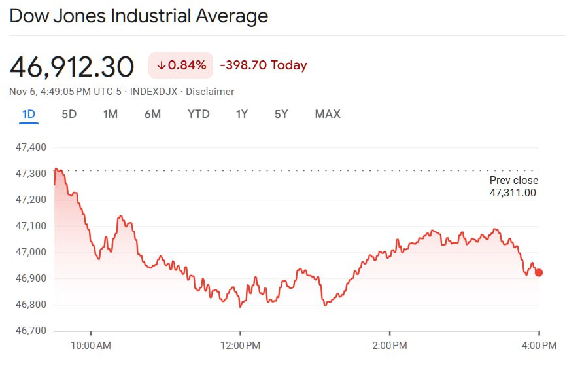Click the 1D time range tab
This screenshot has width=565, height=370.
coord(29,114)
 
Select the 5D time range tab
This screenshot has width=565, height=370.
coord(69,114)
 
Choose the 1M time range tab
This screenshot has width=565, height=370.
coord(111,114)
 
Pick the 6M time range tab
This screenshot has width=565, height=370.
coord(152,114)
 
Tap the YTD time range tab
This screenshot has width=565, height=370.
coord(199,114)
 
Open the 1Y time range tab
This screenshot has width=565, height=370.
coord(242,114)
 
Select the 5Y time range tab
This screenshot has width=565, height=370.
coord(281,114)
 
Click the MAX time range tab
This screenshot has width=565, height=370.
coord(328,114)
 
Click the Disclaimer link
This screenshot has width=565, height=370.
coord(210,92)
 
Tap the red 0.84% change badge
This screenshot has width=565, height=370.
coord(181,65)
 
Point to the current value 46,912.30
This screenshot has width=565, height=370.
coord(72,67)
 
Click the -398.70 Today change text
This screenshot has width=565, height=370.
coord(264,65)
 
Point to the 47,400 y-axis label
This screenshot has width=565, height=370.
coord(31,147)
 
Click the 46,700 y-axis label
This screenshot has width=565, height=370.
coord(31,331)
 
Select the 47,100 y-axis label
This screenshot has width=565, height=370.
coord(31,226)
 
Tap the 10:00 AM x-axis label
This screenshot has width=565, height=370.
coord(91,345)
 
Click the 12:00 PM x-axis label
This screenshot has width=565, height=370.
coord(241,345)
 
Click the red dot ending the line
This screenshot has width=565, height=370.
coord(539,272)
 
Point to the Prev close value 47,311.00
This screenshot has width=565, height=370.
coord(513,193)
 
